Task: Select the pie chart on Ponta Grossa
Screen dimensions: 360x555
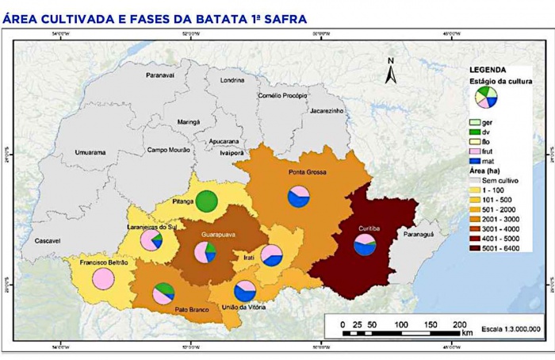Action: [x=299, y=197]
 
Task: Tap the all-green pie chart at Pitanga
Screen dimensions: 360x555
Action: [x=207, y=201]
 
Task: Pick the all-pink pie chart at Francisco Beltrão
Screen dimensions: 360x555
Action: [x=104, y=278]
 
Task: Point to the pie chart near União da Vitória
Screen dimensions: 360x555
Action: [x=245, y=291]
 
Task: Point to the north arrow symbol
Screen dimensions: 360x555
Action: [x=390, y=71]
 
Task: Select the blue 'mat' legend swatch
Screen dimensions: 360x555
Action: [x=475, y=160]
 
